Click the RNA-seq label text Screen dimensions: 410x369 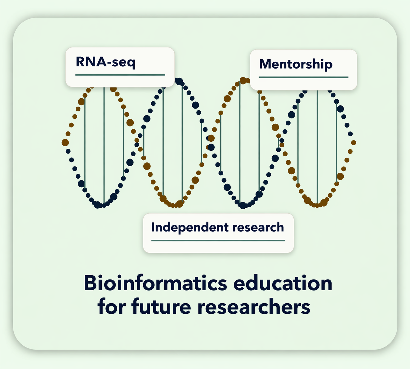click(105, 62)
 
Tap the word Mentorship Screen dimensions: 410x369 click(296, 64)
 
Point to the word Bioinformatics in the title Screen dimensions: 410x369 click(155, 283)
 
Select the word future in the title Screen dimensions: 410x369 click(161, 306)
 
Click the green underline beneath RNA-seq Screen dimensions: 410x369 click(120, 75)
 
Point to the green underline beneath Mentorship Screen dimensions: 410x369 click(304, 77)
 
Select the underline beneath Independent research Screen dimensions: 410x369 click(218, 241)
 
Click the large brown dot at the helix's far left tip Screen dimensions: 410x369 click(65, 143)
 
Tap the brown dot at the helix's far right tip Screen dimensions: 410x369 click(354, 143)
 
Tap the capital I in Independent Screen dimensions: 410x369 click(153, 227)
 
